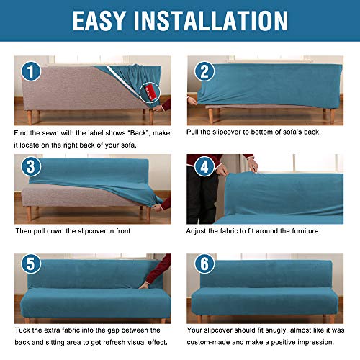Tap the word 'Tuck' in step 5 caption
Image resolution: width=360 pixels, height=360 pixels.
[x=24, y=330]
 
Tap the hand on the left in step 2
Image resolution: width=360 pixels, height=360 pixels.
[x=192, y=101]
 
